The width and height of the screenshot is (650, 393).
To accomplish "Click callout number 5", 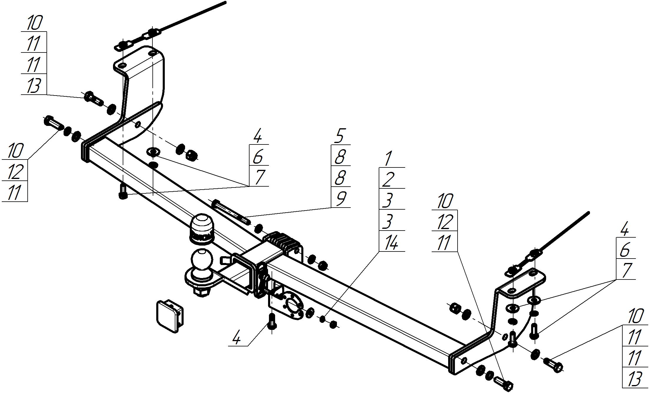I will (x=340, y=136).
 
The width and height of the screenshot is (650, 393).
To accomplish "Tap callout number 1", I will (x=388, y=159).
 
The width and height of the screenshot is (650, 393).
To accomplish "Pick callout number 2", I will (x=388, y=180).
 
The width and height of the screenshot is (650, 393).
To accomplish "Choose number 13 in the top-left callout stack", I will (x=33, y=86).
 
